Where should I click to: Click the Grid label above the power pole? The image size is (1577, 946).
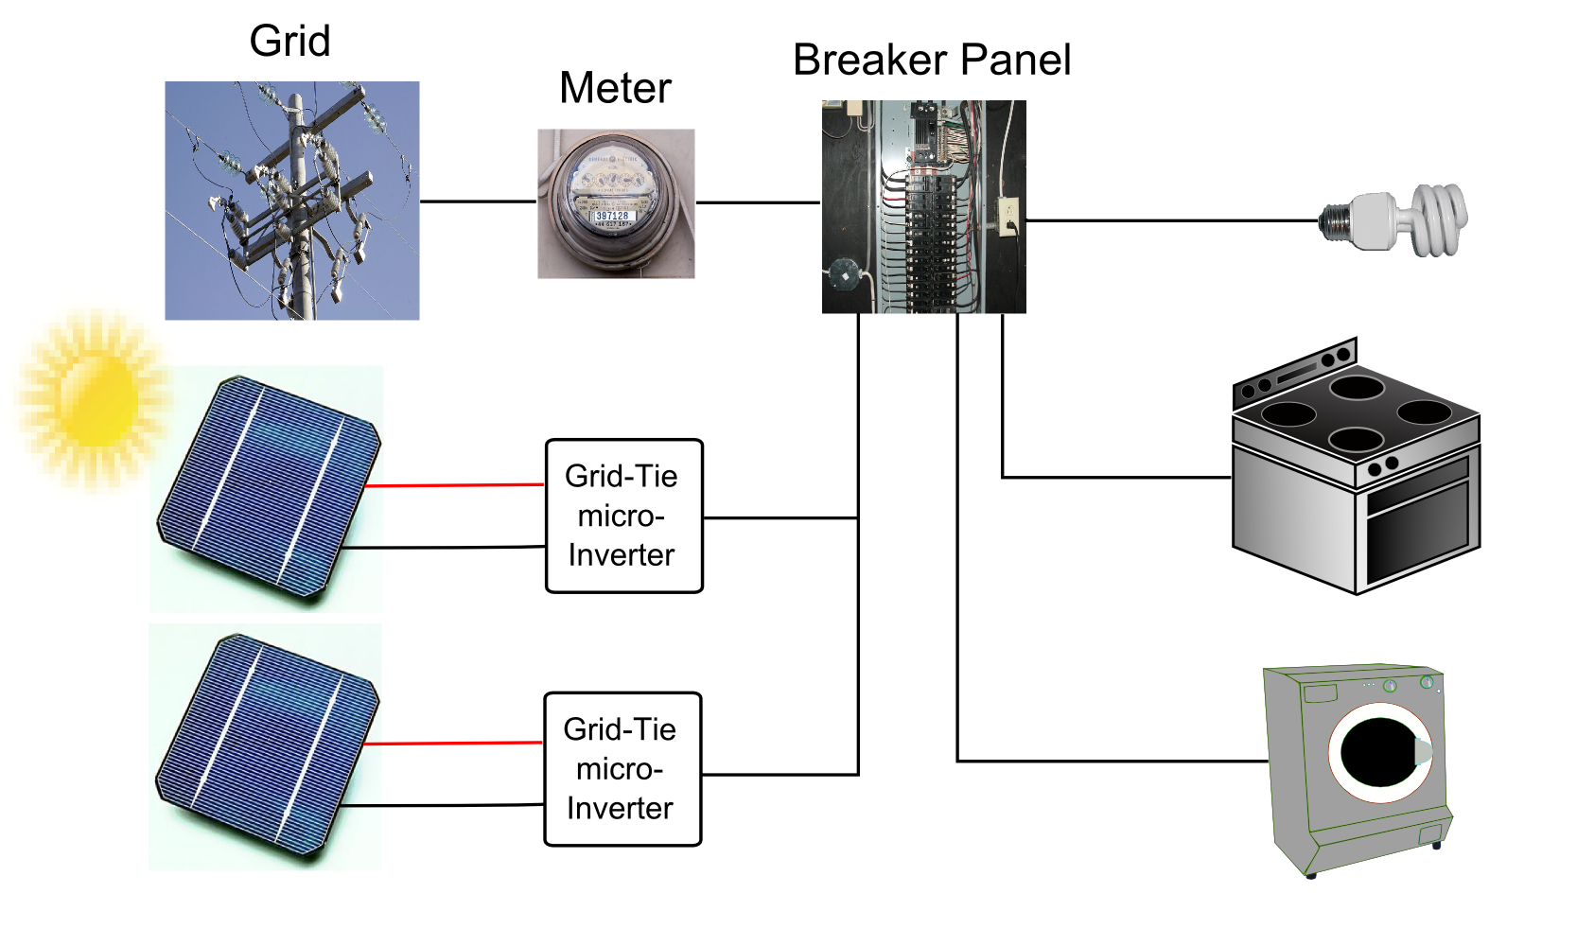click(289, 42)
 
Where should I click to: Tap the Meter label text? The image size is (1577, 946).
click(615, 89)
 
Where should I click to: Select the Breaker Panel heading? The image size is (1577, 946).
click(932, 61)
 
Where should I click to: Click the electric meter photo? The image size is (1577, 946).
click(616, 202)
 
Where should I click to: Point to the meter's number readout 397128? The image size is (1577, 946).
click(612, 217)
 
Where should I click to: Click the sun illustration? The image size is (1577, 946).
click(95, 397)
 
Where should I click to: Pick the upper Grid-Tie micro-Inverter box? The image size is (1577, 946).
click(624, 516)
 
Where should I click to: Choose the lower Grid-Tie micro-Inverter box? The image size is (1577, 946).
click(622, 769)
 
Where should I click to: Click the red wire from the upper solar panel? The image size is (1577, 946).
click(454, 485)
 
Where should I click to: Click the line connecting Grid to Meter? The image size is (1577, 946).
click(478, 201)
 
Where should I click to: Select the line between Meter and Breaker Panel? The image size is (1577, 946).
click(757, 202)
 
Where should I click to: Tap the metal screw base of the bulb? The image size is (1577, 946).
click(1334, 221)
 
